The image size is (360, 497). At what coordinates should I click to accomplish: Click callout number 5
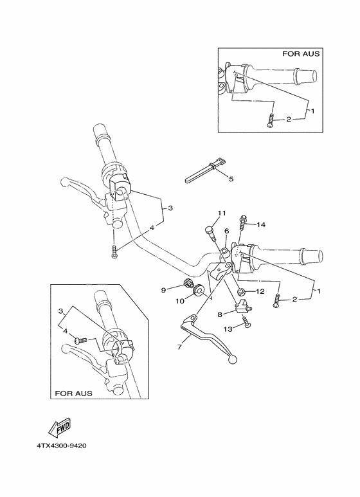click(231, 178)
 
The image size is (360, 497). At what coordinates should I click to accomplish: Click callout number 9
click(164, 289)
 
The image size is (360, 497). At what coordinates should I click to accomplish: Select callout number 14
click(260, 224)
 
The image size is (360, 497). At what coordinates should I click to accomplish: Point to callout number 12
click(260, 291)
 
